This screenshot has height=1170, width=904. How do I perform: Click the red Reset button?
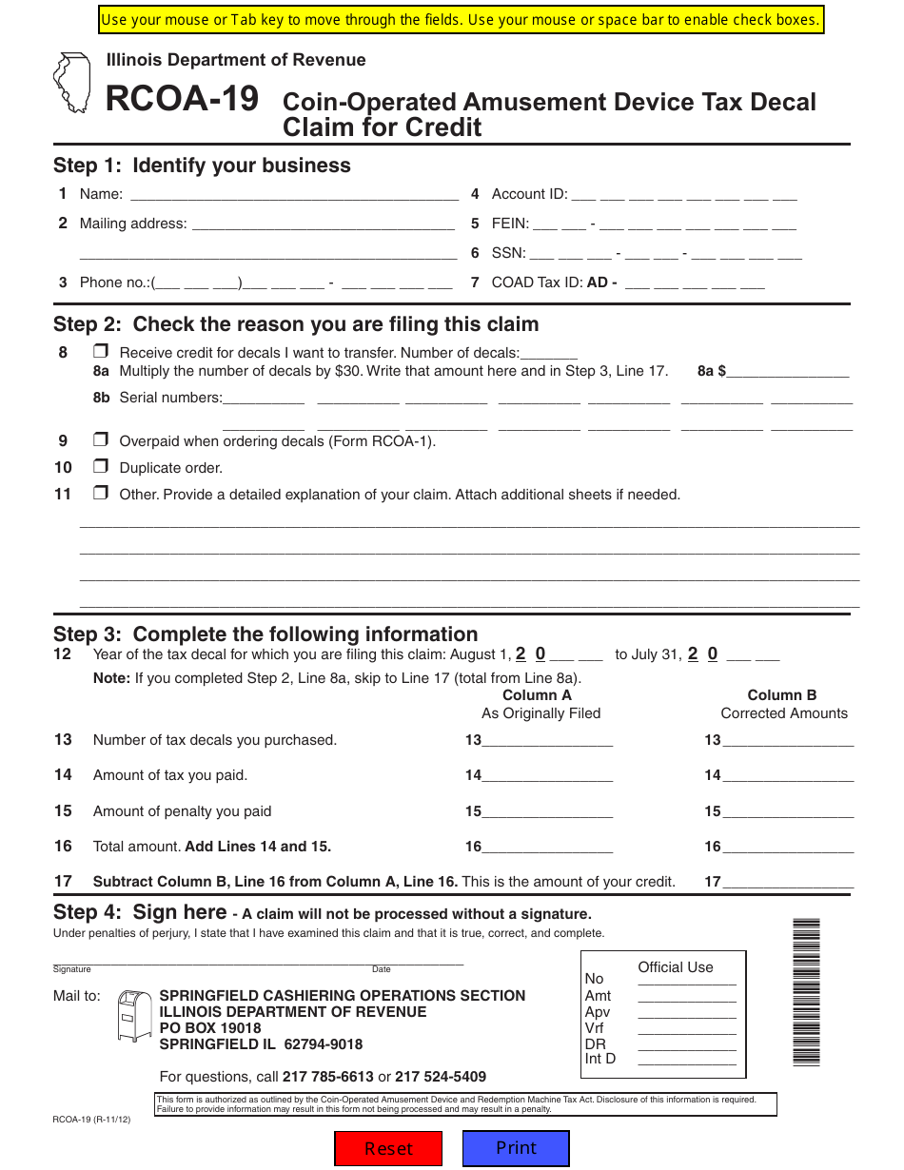click(x=388, y=1148)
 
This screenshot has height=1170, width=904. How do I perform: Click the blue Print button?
click(x=516, y=1147)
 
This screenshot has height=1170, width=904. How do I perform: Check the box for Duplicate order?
click(x=100, y=467)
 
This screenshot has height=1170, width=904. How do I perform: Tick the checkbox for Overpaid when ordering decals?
click(x=100, y=440)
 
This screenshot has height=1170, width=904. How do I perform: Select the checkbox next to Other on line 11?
click(x=100, y=494)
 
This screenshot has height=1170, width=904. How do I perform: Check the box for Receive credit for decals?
click(x=100, y=352)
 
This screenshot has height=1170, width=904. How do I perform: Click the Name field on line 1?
click(x=293, y=194)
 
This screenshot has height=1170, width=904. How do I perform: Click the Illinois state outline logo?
click(x=73, y=84)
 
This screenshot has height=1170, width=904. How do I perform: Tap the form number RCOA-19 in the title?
click(x=182, y=99)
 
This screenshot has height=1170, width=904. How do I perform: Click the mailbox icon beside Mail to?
click(x=133, y=1015)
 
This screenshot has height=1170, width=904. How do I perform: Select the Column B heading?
click(x=782, y=695)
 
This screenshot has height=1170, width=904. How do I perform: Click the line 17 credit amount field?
click(x=787, y=882)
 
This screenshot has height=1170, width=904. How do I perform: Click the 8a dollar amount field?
click(x=787, y=371)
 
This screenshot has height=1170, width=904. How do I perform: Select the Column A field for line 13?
click(x=547, y=740)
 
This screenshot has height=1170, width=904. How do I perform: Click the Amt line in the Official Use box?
click(x=686, y=996)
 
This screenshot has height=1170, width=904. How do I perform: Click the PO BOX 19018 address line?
click(x=210, y=1028)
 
